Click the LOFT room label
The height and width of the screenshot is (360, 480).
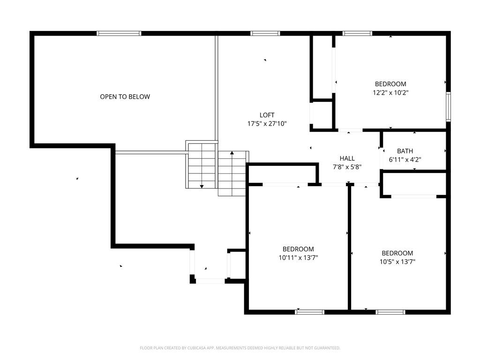267,115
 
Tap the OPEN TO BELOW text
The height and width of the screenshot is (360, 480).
125,97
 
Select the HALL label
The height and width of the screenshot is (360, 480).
347,158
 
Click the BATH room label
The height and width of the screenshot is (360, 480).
405,151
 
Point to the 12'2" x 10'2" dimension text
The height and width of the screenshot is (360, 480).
390,92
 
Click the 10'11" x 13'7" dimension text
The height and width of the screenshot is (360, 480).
298,258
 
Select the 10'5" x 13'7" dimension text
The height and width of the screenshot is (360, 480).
397,262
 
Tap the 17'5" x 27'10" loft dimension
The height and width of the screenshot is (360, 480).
267,124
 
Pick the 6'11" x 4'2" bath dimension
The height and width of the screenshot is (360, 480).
405,159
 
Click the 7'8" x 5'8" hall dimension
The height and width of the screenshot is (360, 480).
347,167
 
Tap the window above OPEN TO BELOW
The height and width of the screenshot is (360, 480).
119,33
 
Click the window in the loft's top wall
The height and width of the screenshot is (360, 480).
265,33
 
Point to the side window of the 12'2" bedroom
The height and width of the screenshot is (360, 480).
448,107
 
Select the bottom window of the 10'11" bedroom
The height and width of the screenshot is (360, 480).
309,312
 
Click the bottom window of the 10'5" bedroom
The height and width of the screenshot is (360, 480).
390,312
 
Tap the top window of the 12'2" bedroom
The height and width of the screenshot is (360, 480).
357,33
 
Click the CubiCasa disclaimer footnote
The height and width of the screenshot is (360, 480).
240,348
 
